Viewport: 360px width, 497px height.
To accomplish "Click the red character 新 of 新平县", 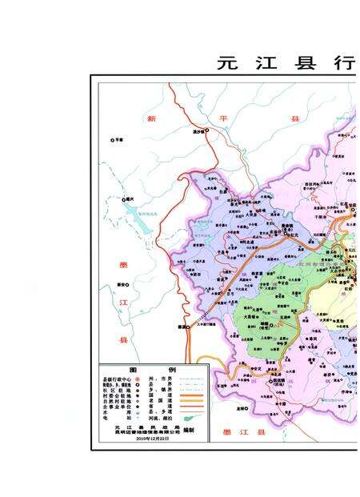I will tap(151, 118).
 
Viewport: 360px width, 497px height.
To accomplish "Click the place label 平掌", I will tap(118, 140).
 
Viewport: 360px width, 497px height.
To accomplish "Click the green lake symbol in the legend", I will tap(192, 418).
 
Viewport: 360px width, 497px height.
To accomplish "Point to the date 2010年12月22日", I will tap(151, 439).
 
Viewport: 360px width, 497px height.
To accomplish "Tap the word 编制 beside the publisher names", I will tap(189, 430).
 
